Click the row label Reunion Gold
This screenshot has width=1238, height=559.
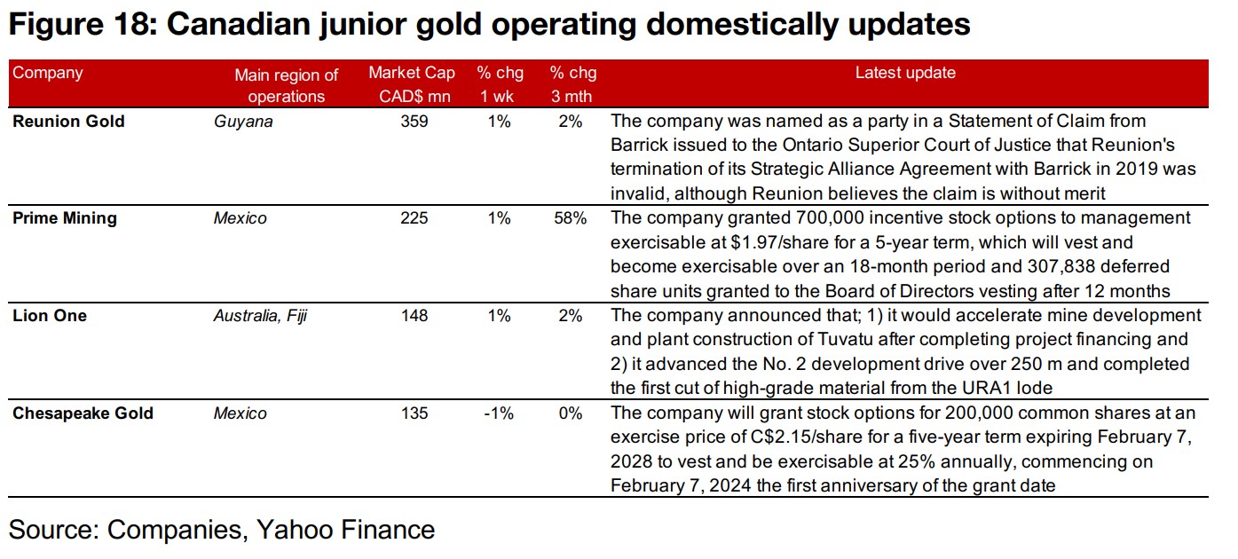(x=68, y=122)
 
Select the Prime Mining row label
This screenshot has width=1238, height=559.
(x=64, y=218)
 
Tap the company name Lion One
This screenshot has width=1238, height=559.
(x=50, y=316)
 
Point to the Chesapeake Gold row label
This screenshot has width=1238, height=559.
(x=83, y=413)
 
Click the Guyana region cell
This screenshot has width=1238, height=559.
(x=243, y=122)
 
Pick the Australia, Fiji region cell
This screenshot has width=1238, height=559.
(x=260, y=316)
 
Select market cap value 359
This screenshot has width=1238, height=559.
(x=414, y=122)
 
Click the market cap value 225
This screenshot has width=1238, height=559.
(x=414, y=218)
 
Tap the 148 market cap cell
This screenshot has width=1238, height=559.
(x=414, y=316)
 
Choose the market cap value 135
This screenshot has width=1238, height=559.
(x=414, y=413)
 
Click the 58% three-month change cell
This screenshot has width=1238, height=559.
(x=569, y=218)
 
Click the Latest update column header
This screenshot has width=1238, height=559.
(x=905, y=74)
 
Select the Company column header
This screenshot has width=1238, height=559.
(x=48, y=74)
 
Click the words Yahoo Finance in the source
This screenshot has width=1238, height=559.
(x=345, y=530)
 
